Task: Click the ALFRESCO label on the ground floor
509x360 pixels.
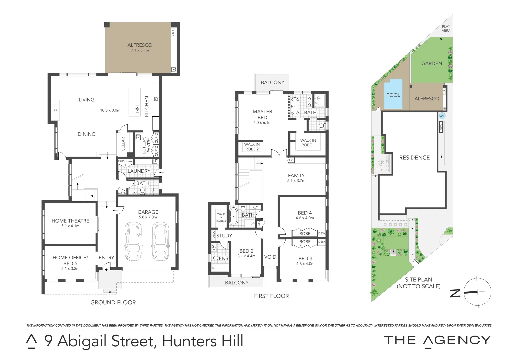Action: pyautogui.click(x=140, y=45)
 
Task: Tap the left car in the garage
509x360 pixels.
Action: pyautogui.click(x=133, y=241)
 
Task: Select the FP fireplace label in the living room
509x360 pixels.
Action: pyautogui.click(x=55, y=110)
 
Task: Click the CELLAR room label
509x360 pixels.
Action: pyautogui.click(x=123, y=144)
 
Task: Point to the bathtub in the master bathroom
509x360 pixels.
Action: pyautogui.click(x=294, y=106)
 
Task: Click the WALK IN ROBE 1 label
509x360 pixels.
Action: pyautogui.click(x=308, y=143)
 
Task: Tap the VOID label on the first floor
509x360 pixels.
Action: pyautogui.click(x=270, y=257)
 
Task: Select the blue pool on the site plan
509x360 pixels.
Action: pyautogui.click(x=393, y=95)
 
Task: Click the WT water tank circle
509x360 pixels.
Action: pyautogui.click(x=442, y=116)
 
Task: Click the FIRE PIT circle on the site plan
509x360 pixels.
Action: pyautogui.click(x=381, y=163)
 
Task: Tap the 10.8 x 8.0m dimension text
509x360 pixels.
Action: pyautogui.click(x=110, y=110)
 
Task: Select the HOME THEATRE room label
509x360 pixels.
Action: pyautogui.click(x=70, y=221)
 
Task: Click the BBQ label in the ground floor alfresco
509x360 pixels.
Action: pyautogui.click(x=173, y=33)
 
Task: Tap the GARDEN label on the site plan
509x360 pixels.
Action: pyautogui.click(x=432, y=63)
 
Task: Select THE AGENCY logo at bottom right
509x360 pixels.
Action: pyautogui.click(x=437, y=341)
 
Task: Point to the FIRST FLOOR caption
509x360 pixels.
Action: pyautogui.click(x=271, y=296)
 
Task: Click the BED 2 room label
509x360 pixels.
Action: pyautogui.click(x=246, y=251)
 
